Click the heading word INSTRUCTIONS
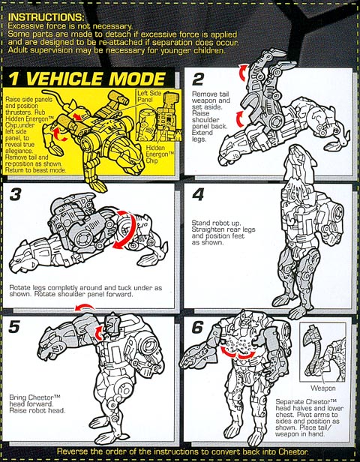point(46,17)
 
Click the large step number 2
point(198,79)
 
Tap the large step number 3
point(15,194)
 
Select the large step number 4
point(198,195)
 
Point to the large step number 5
point(14,327)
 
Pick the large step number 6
point(197,327)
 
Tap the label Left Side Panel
point(149,96)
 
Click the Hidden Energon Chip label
point(157,154)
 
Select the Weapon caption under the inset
point(323,388)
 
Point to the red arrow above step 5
point(85,307)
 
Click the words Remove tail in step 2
point(211,94)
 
